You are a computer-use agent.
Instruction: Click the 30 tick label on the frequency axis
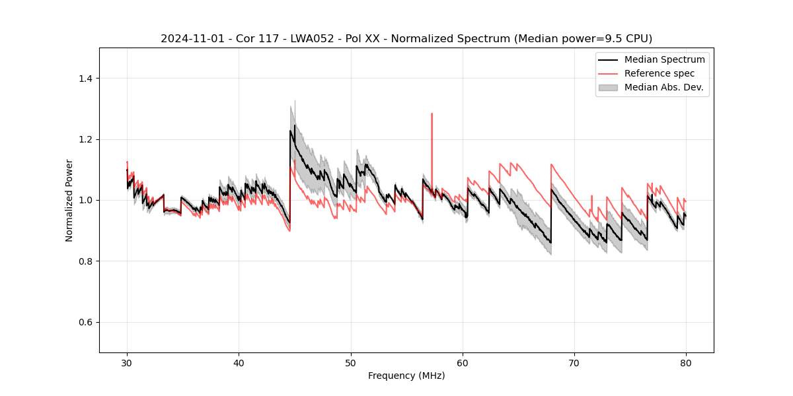[x=127, y=363]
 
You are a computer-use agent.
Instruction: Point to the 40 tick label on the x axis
[x=239, y=363]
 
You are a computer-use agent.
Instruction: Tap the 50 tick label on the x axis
[x=350, y=363]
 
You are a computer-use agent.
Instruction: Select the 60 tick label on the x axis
[x=462, y=363]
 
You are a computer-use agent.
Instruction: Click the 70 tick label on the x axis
[x=574, y=363]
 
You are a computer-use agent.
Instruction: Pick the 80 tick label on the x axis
[x=685, y=363]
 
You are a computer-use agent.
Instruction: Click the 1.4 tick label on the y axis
[x=85, y=79]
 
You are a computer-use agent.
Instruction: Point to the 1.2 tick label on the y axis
[x=85, y=139]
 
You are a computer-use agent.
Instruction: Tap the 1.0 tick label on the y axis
[x=85, y=200]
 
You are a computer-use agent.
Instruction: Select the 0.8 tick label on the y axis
[x=85, y=261]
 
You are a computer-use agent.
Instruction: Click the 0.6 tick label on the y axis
[x=85, y=322]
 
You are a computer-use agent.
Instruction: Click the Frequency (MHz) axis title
[x=406, y=376]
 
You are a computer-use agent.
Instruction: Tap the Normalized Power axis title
[x=69, y=200]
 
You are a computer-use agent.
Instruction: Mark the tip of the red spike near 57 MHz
[x=432, y=114]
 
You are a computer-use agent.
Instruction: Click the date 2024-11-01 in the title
[x=188, y=39]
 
